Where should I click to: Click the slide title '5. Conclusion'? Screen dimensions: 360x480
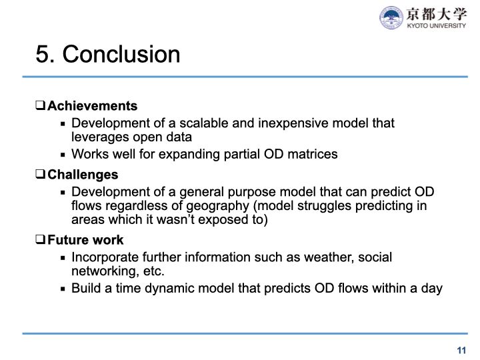[x=108, y=54]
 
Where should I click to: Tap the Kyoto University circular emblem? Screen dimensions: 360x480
[x=391, y=17]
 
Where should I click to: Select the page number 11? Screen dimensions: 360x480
[x=461, y=350]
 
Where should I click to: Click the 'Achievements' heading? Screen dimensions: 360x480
[x=92, y=106]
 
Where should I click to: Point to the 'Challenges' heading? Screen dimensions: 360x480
[x=83, y=175]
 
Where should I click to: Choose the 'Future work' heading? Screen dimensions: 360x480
[x=85, y=240]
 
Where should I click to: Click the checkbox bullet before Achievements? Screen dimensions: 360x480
[x=40, y=106]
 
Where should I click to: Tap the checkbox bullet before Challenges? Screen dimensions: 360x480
[x=40, y=175]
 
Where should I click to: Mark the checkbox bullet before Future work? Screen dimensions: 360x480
[x=40, y=240]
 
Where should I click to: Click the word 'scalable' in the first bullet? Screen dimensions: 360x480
[x=200, y=123]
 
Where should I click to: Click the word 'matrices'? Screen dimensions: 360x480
[x=315, y=154]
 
